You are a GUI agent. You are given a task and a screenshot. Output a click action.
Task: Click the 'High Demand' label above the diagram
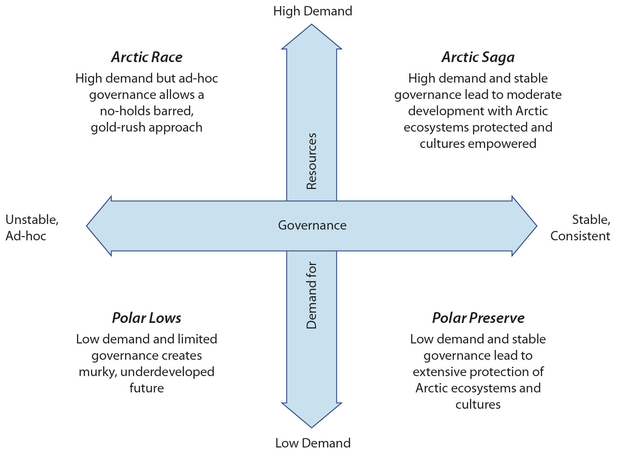pyautogui.click(x=313, y=11)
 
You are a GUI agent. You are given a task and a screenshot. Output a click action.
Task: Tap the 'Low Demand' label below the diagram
pyautogui.click(x=313, y=443)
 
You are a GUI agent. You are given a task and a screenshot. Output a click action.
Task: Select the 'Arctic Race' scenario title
pyautogui.click(x=147, y=57)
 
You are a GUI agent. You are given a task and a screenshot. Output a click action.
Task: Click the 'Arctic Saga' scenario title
pyautogui.click(x=478, y=58)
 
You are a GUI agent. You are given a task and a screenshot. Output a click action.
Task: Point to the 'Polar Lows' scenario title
pyautogui.click(x=147, y=318)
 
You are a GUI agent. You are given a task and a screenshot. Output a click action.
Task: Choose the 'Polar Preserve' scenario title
pyautogui.click(x=478, y=318)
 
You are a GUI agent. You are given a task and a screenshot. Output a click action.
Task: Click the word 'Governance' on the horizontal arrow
pyautogui.click(x=312, y=225)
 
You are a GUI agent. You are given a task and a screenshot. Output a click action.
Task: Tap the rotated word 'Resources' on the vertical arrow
pyautogui.click(x=311, y=161)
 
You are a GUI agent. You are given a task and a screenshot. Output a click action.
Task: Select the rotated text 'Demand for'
pyautogui.click(x=311, y=295)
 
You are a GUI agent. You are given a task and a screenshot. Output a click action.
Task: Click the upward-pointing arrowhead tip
pyautogui.click(x=312, y=25)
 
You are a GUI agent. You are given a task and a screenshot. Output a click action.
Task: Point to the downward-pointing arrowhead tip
pyautogui.click(x=312, y=428)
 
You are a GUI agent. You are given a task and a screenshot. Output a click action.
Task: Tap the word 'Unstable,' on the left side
pyautogui.click(x=32, y=220)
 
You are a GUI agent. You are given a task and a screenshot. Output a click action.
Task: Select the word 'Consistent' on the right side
pyautogui.click(x=580, y=236)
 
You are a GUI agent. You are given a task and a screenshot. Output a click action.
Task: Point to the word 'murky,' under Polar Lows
pyautogui.click(x=98, y=372)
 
